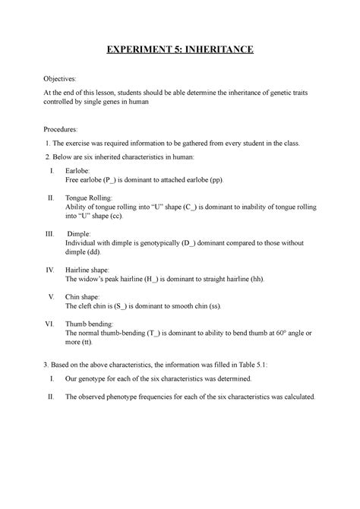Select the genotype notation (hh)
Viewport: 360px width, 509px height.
[x=257, y=279]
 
